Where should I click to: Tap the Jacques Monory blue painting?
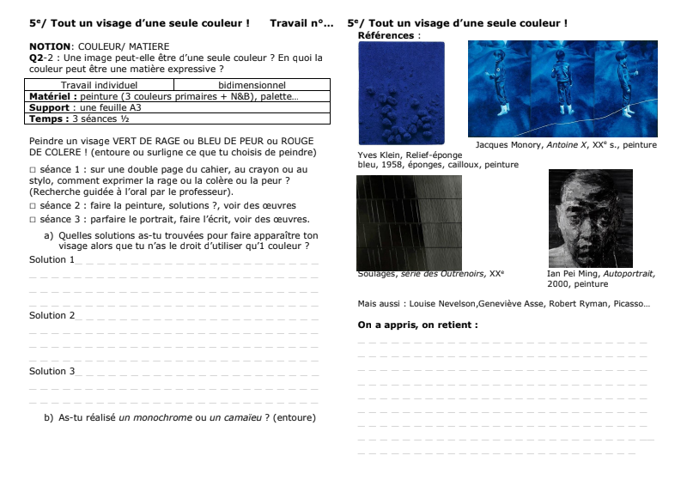tap(562, 88)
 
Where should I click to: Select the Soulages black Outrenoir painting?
tap(409, 222)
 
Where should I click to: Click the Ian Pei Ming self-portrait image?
tap(590, 218)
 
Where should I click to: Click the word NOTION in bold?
tap(47, 46)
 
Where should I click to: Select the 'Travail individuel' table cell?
tap(100, 85)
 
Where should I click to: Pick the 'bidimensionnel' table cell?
tap(252, 85)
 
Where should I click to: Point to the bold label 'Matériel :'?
tap(54, 97)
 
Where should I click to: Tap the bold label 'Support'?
tap(49, 108)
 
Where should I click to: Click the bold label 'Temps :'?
tap(49, 118)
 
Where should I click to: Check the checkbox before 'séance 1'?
tap(33, 170)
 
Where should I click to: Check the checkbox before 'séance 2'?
tap(33, 206)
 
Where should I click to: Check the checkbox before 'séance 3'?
tap(33, 219)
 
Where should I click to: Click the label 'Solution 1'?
tap(51, 259)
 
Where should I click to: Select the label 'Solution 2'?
tap(51, 315)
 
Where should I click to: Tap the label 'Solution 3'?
tap(51, 371)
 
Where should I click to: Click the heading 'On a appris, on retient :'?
tap(417, 325)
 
